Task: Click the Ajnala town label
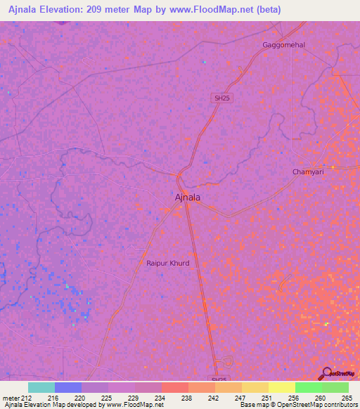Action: pos(187,197)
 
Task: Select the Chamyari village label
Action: pos(307,171)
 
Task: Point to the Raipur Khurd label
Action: pos(168,264)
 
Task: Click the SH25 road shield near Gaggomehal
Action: pos(221,98)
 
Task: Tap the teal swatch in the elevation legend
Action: pos(41,387)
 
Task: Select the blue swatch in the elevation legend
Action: pos(68,387)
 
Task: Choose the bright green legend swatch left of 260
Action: pos(308,387)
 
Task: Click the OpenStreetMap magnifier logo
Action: pos(328,373)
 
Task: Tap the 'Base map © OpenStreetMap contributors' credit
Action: pos(297,405)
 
